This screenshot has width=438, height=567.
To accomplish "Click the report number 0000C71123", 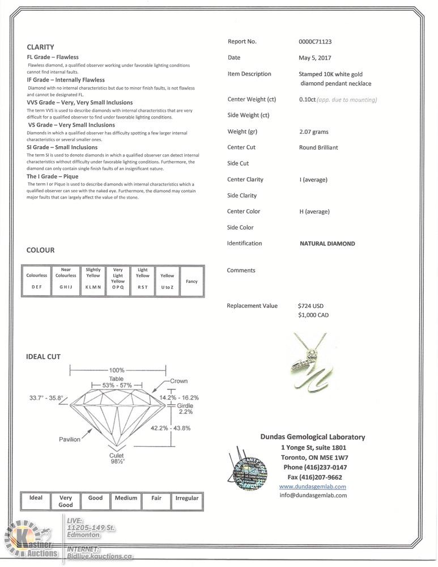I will [x=314, y=41].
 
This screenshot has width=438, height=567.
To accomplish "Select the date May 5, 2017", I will [x=314, y=58].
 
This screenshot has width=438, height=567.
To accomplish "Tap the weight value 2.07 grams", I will [x=313, y=132].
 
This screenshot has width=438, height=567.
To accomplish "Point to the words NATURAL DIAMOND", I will [x=327, y=244].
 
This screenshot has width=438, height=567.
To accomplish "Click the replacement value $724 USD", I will [x=310, y=306].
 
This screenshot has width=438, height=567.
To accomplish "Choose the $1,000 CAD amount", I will [x=313, y=315].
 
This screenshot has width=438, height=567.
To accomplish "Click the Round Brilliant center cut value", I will [x=318, y=147].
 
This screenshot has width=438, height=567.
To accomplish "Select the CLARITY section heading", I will [x=40, y=48].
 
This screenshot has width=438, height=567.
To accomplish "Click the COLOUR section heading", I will [x=40, y=250].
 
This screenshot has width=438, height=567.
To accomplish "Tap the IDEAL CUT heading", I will [x=43, y=357].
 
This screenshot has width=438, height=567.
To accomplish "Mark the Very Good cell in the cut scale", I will [x=65, y=501].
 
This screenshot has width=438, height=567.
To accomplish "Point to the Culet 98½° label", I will [x=116, y=459].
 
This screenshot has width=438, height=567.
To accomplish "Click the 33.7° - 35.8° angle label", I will [x=46, y=398].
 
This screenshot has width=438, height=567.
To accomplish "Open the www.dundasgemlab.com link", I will [x=312, y=486].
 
